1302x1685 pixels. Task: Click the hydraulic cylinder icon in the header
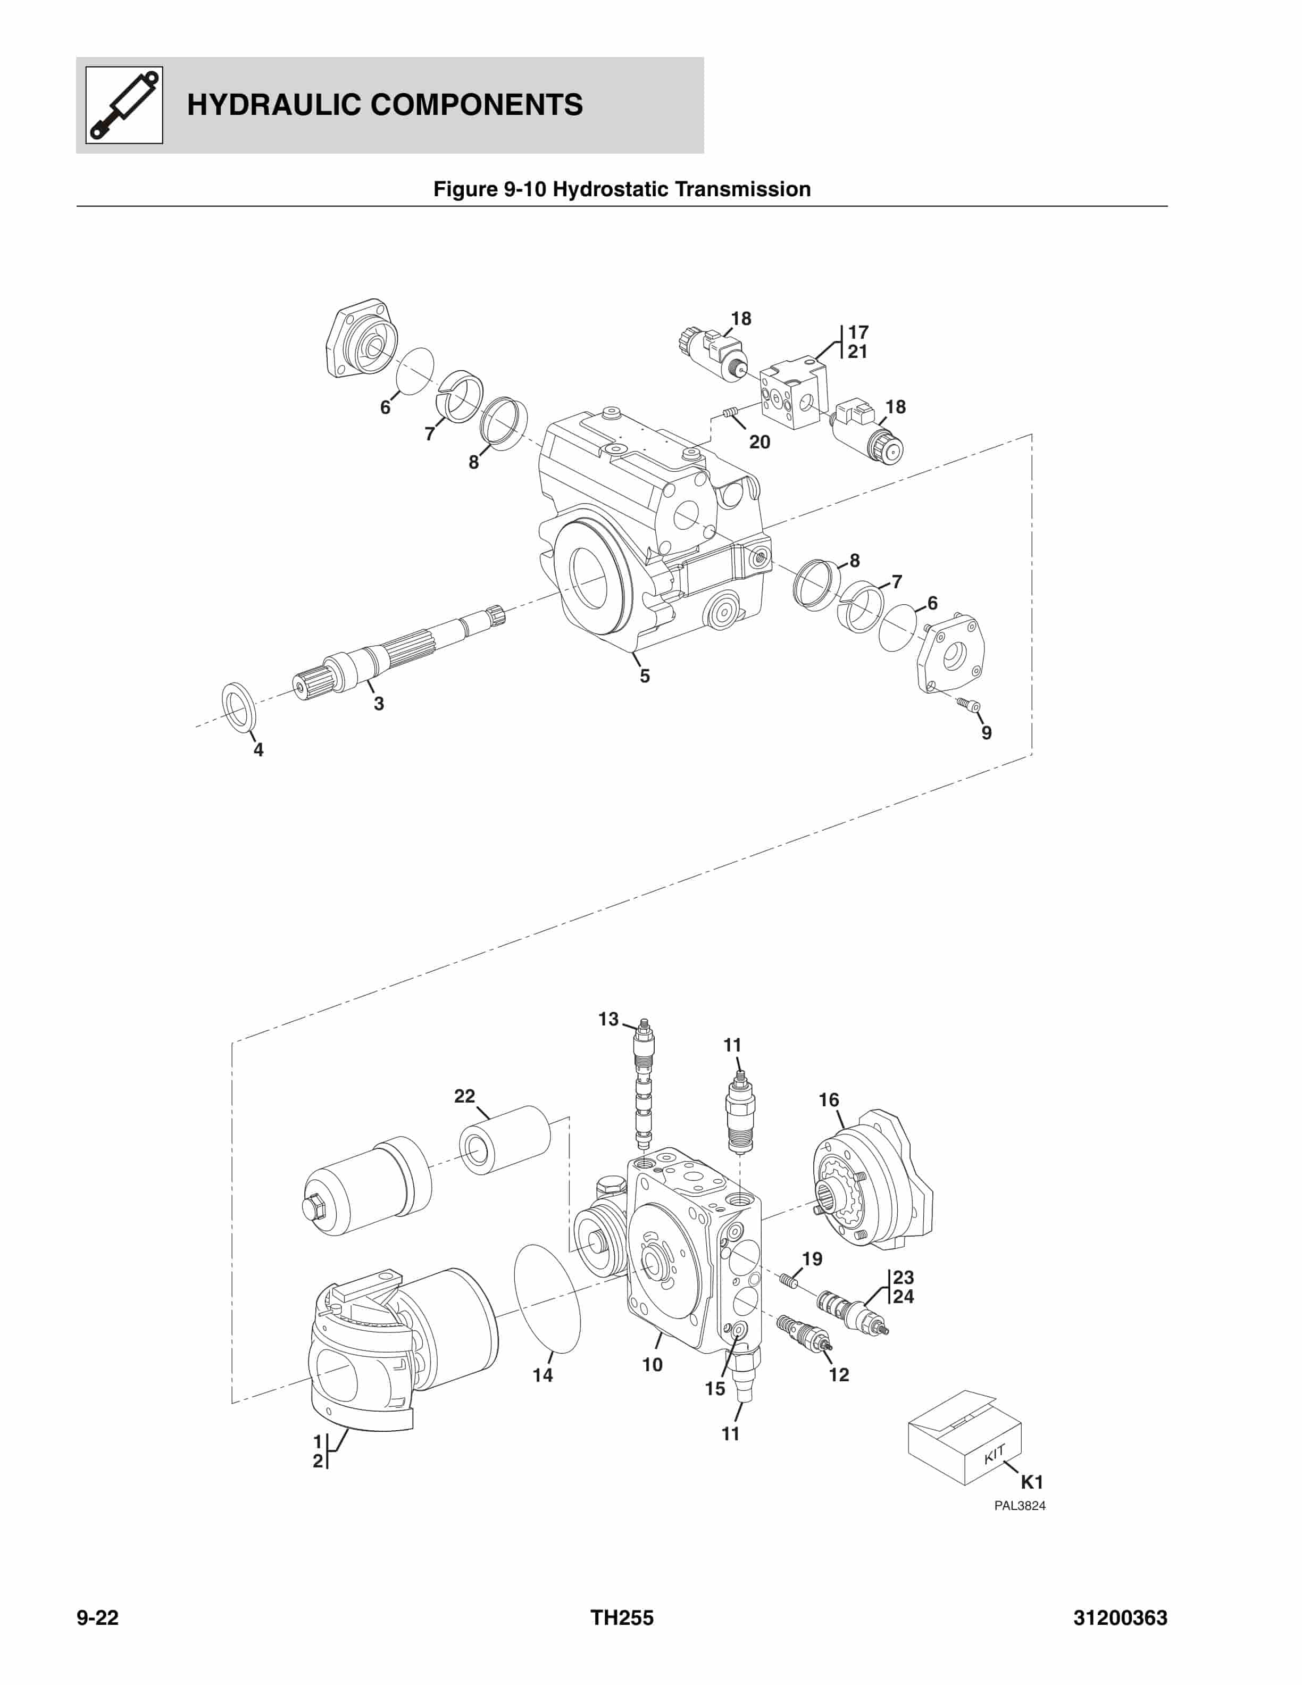click(x=123, y=105)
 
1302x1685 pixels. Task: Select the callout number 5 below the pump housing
click(x=644, y=676)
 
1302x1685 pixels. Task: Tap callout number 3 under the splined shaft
click(x=379, y=704)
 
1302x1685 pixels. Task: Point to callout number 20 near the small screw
click(x=759, y=442)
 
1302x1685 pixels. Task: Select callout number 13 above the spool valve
click(x=608, y=1019)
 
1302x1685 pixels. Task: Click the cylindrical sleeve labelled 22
click(x=505, y=1139)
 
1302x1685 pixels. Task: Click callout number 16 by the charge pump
click(x=829, y=1099)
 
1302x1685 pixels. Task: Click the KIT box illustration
click(x=964, y=1438)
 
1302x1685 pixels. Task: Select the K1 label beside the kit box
click(x=1031, y=1482)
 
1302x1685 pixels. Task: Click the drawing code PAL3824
click(x=1019, y=1505)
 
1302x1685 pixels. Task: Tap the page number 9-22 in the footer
click(x=97, y=1618)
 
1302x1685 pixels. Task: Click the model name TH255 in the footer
click(x=622, y=1618)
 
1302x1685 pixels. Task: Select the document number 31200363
click(x=1120, y=1618)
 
